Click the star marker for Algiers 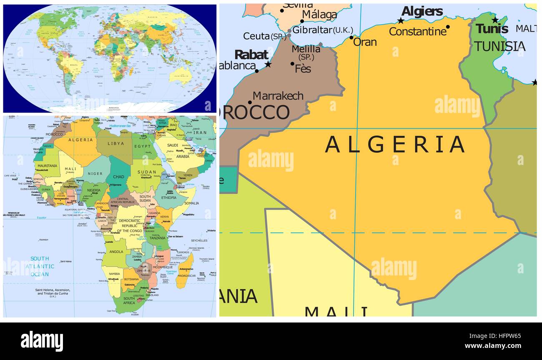tap(401, 20)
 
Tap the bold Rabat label tap(251, 55)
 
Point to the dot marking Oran tap(351, 37)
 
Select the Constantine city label tap(417, 31)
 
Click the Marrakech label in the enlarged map tap(278, 96)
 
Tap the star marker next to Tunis tap(495, 20)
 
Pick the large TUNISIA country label tap(499, 46)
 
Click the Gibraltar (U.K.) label tap(322, 30)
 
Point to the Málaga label tap(319, 15)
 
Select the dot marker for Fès tap(293, 64)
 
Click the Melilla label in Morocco tap(306, 49)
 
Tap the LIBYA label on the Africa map tap(116, 143)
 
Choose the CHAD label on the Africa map tap(118, 177)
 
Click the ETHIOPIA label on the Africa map tap(169, 198)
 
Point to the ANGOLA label tap(116, 252)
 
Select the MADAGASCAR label tap(186, 275)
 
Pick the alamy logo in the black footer tap(42, 341)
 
